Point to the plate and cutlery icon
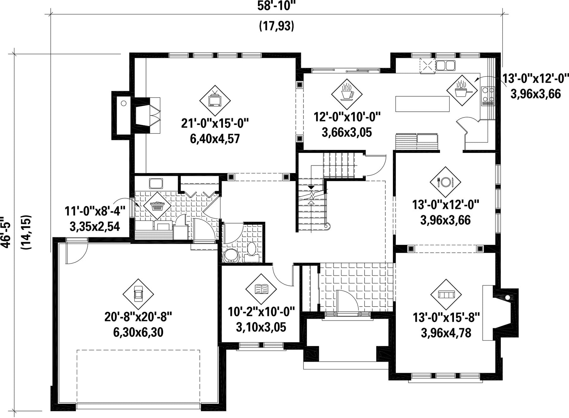click(x=445, y=182)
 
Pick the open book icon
click(x=261, y=289)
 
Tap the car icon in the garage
click(x=138, y=294)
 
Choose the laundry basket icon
click(x=157, y=206)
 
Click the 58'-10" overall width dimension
click(x=276, y=6)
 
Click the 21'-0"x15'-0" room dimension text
click(x=215, y=123)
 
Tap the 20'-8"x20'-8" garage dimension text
click(x=138, y=316)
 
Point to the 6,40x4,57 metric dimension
click(x=215, y=139)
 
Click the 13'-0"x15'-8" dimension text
click(x=446, y=317)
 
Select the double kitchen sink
click(x=446, y=66)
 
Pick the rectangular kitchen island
click(x=422, y=104)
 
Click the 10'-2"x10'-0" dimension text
click(x=261, y=312)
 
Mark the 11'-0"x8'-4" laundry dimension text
click(x=95, y=211)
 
